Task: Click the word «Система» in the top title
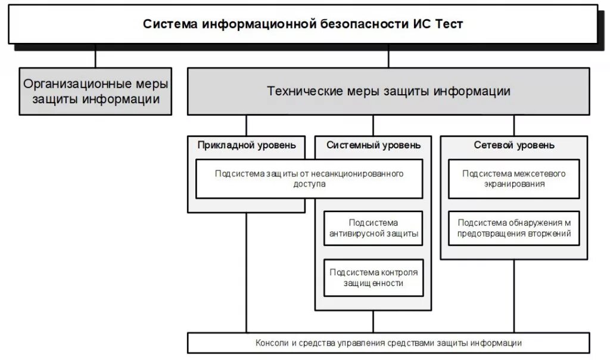(x=170, y=24)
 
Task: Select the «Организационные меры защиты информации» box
(x=95, y=91)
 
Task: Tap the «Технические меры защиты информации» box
(x=388, y=91)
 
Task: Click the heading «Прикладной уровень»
(x=247, y=145)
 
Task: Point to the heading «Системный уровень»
(x=374, y=145)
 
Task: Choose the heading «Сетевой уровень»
(x=514, y=145)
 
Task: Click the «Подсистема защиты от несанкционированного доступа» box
(x=309, y=179)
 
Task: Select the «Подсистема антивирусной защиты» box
(x=374, y=228)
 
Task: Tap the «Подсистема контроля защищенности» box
(x=374, y=277)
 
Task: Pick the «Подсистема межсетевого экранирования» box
(x=514, y=179)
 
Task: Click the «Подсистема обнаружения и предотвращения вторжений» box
(x=514, y=228)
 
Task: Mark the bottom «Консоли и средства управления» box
(x=388, y=343)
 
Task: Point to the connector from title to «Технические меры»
(x=388, y=56)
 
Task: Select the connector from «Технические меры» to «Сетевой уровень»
(x=514, y=125)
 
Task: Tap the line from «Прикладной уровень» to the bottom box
(x=247, y=271)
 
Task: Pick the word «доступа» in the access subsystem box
(x=309, y=185)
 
